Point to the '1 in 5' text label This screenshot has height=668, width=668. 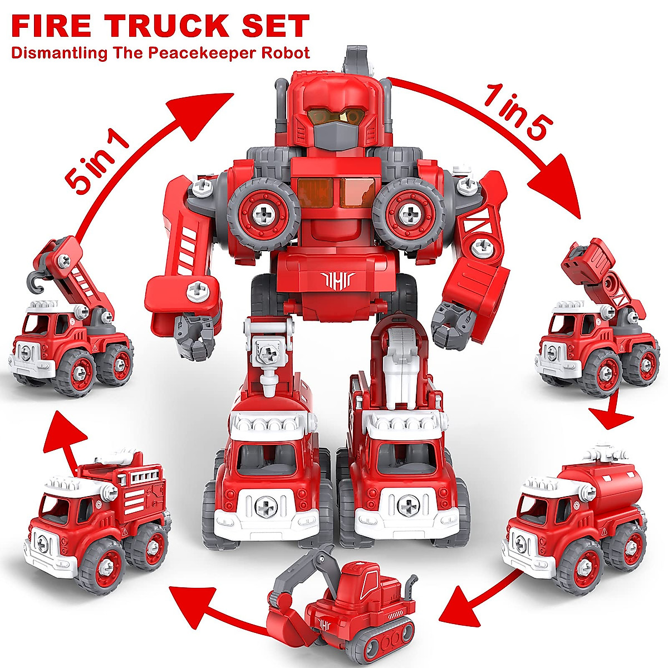[515, 111]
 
